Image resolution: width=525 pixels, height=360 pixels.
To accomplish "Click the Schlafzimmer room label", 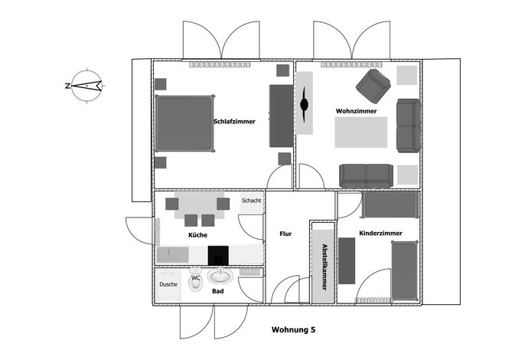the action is point(234,121).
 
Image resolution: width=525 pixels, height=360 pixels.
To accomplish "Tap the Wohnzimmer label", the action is point(357,111).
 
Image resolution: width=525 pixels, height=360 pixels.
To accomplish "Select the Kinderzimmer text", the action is point(380,233).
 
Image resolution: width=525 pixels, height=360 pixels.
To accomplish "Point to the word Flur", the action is point(285,234).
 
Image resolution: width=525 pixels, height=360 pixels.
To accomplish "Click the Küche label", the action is point(198,234).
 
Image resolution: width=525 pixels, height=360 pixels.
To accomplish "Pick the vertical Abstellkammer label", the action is point(324,267).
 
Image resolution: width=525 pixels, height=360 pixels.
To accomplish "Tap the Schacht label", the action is point(252,201).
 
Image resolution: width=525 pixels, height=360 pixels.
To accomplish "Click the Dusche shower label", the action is point(168,284).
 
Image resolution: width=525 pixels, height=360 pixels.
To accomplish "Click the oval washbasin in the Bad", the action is point(220,276).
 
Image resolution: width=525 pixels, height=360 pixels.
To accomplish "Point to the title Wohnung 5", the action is point(293,329).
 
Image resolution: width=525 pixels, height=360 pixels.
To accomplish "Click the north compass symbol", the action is point(86,86).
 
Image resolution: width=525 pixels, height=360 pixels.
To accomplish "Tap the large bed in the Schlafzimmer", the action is point(184,123).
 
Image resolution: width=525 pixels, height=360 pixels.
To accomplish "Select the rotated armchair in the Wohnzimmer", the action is point(373,86).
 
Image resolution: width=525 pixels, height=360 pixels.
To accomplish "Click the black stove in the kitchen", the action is point(218,255).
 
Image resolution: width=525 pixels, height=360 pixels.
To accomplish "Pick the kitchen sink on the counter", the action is point(173,255).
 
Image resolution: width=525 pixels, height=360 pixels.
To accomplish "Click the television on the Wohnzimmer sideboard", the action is point(304,105).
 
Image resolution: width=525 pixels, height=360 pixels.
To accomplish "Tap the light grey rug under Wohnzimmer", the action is point(361,132).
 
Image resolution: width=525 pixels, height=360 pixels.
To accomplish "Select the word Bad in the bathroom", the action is point(217,291).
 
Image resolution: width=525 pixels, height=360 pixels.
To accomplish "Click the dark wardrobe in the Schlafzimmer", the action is point(282,116).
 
